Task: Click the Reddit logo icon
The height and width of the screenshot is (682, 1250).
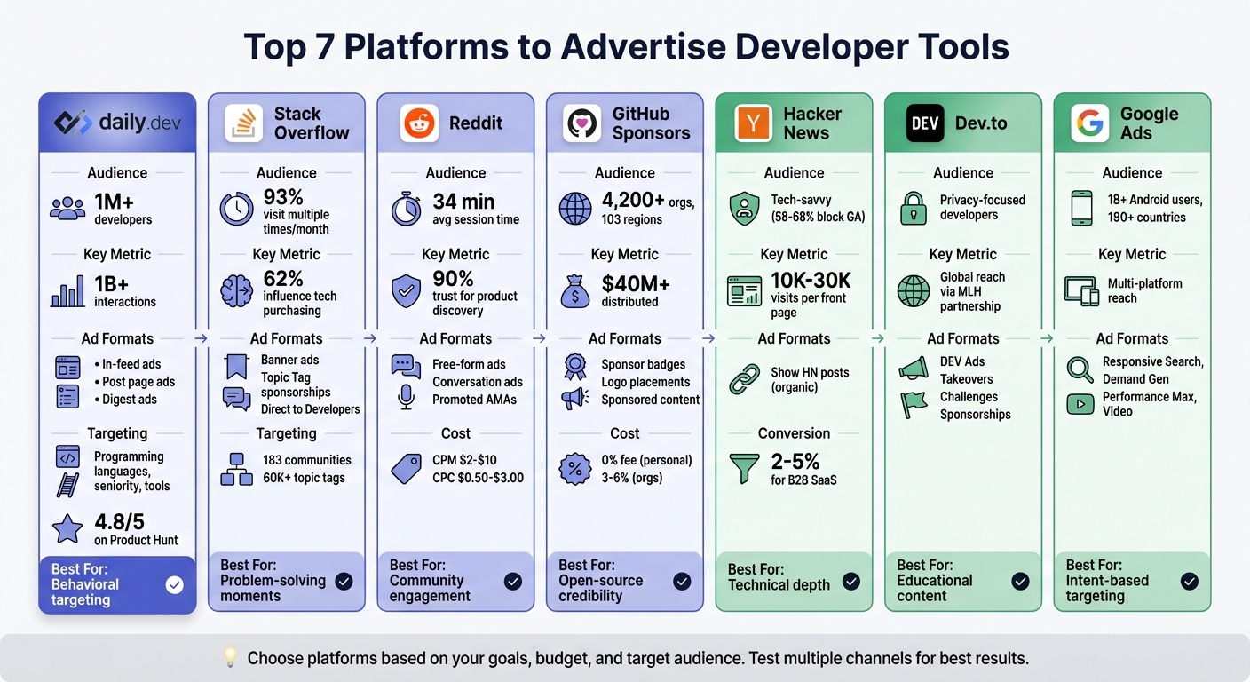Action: click(419, 123)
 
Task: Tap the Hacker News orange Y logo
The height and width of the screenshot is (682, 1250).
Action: click(754, 123)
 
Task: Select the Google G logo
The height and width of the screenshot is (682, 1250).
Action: click(1089, 123)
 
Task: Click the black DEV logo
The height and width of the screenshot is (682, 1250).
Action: click(924, 123)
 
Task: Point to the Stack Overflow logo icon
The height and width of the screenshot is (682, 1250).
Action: click(243, 123)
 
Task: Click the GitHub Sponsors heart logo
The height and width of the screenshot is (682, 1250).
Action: click(581, 123)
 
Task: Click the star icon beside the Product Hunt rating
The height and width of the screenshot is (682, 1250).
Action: click(68, 529)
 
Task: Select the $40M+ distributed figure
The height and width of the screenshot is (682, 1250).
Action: click(636, 284)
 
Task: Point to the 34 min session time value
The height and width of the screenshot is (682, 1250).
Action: click(463, 202)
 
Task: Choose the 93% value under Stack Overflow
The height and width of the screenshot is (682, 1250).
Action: click(283, 198)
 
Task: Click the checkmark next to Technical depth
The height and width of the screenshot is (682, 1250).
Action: click(850, 582)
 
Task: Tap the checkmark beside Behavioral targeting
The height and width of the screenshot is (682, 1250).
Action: click(175, 584)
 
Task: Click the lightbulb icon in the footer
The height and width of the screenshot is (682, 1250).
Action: click(230, 658)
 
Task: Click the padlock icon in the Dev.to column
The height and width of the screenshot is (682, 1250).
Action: click(914, 208)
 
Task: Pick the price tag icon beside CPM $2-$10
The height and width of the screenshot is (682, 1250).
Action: click(406, 468)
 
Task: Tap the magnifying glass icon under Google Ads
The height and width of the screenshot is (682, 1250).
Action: click(1080, 368)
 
